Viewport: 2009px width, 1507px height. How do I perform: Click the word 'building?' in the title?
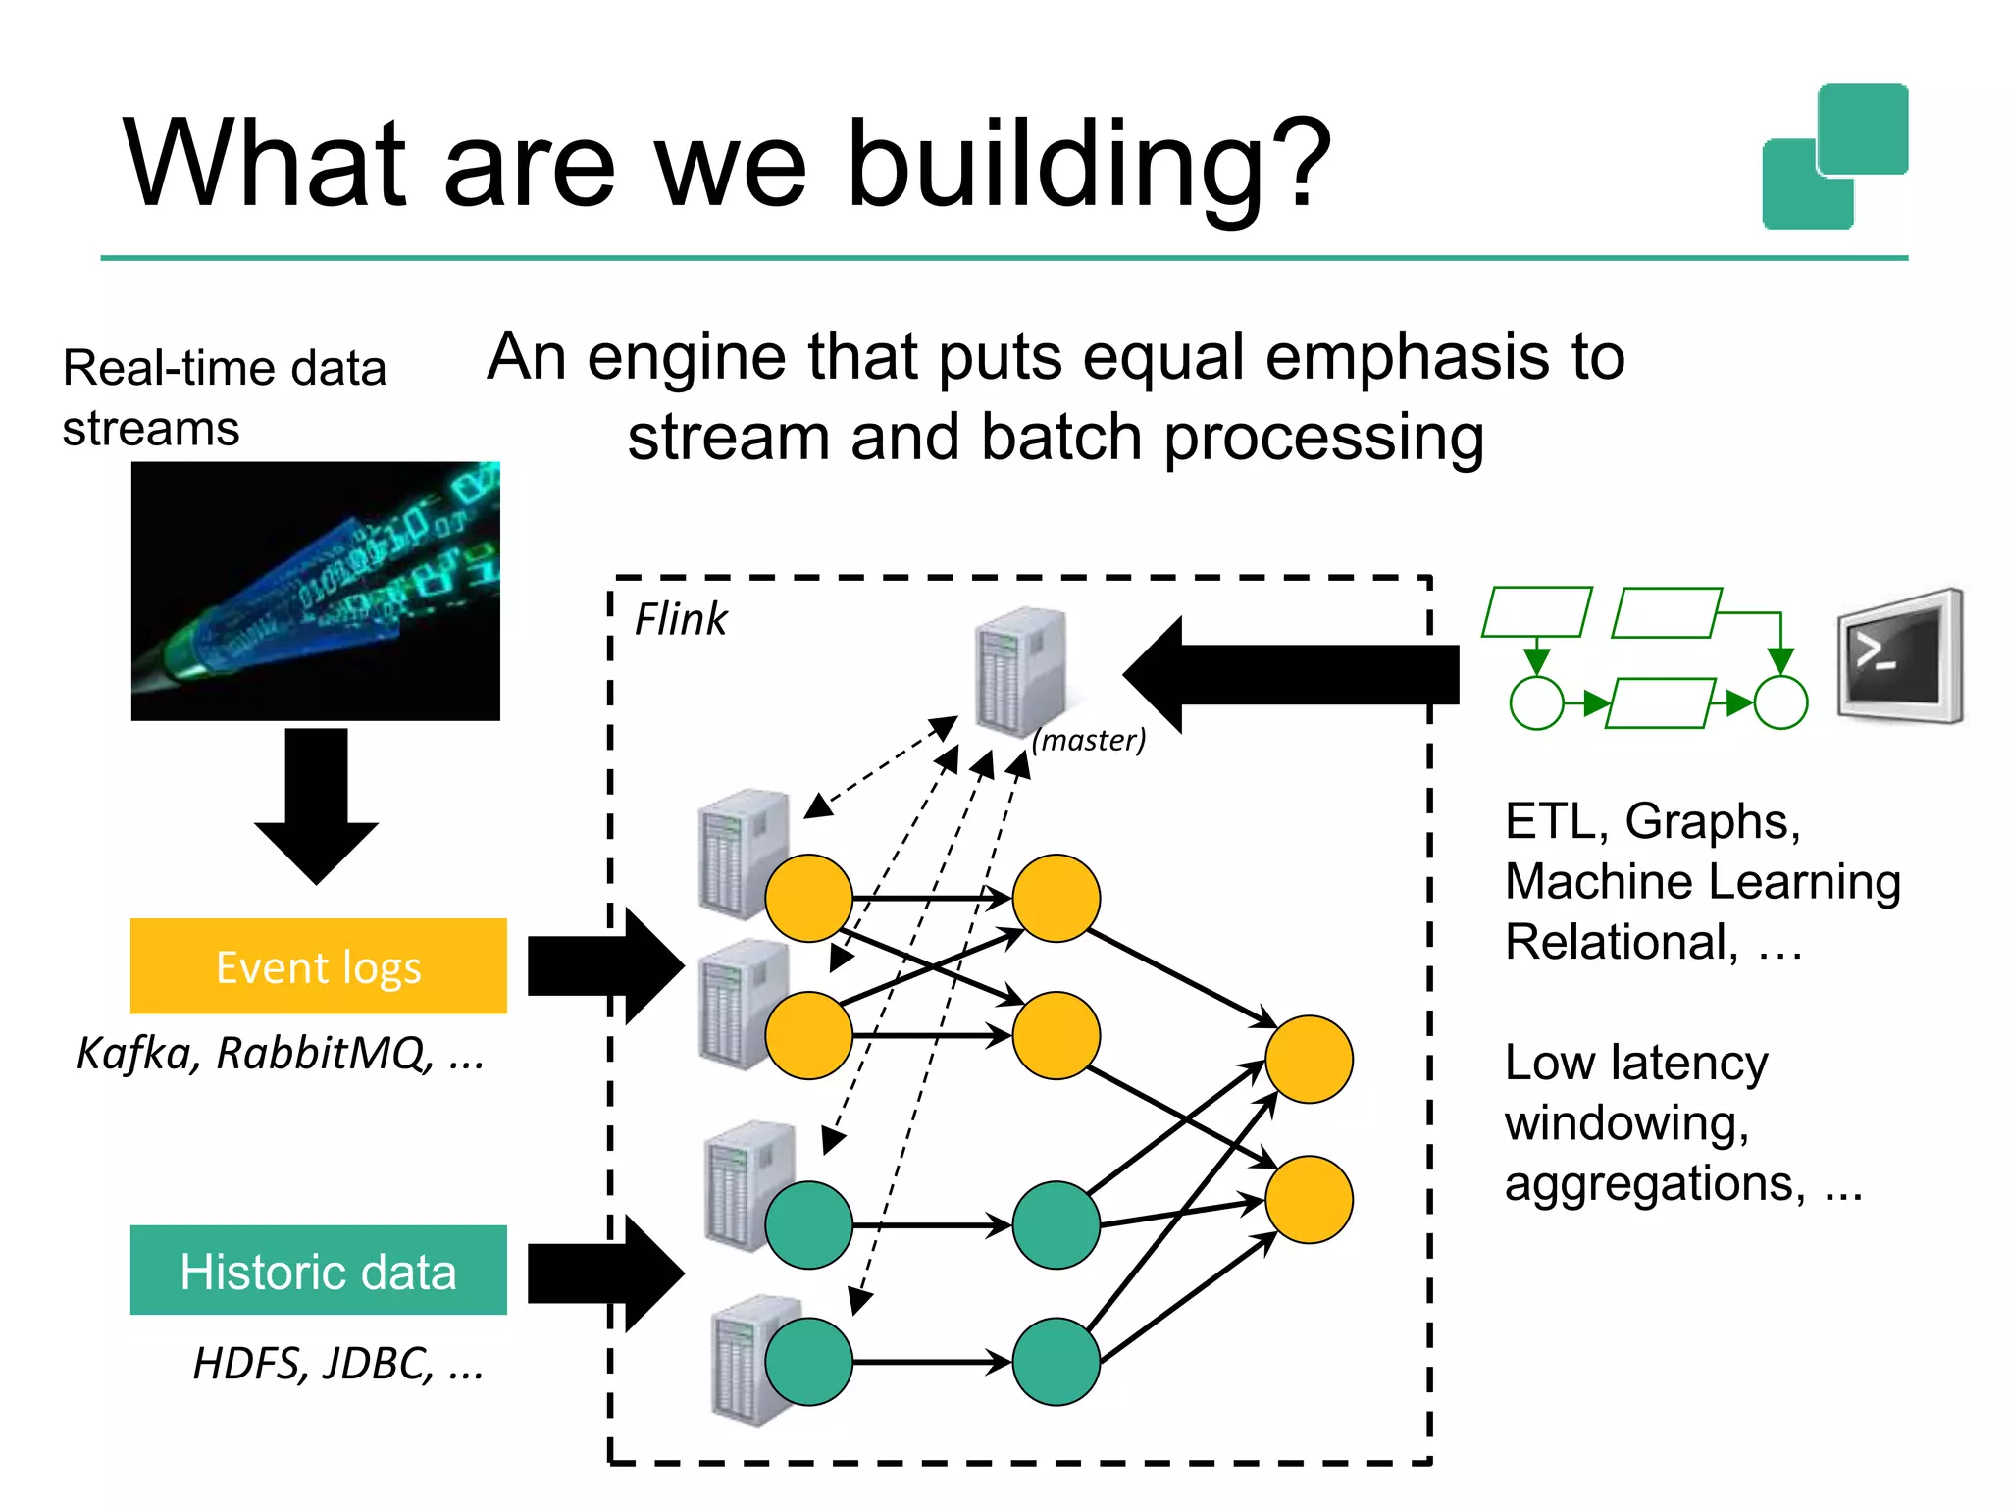pos(1087,165)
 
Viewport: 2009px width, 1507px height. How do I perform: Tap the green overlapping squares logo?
pos(1834,157)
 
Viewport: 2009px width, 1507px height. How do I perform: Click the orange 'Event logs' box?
pos(318,966)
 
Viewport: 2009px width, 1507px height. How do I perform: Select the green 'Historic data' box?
pos(318,1271)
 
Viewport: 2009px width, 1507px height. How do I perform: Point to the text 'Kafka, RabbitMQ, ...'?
pos(281,1054)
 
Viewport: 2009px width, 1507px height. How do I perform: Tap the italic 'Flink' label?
pos(680,620)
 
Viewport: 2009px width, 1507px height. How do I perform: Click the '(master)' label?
pos(1089,740)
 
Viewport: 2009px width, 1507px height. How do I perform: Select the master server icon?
pos(1020,672)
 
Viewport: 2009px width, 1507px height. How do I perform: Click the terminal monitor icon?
pos(1899,655)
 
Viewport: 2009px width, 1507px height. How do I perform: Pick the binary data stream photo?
pos(316,591)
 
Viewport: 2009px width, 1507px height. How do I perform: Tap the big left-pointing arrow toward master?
pos(1290,674)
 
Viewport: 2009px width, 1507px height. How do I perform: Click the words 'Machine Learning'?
pos(1702,881)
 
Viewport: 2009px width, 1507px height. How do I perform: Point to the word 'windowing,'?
pos(1626,1122)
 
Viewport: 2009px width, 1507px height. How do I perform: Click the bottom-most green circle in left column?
pos(808,1362)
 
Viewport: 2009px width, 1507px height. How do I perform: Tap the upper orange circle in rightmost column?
pos(1309,1060)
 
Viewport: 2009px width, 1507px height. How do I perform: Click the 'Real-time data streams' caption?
pos(224,397)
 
